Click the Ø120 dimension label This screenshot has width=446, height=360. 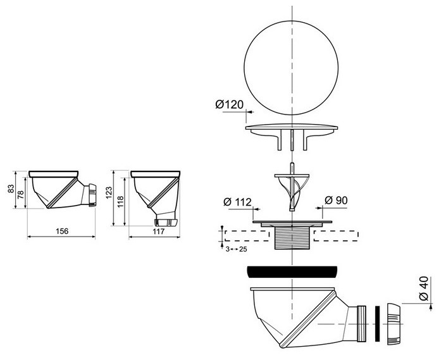[229, 105]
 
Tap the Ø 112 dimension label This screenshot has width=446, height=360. [238, 202]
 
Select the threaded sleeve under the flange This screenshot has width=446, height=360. [290, 237]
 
